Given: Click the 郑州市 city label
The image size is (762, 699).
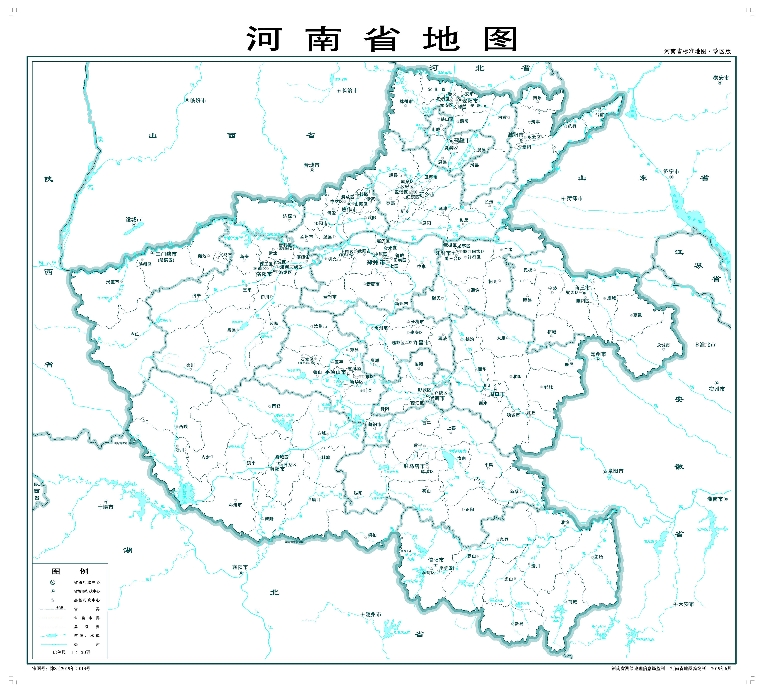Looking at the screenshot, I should [x=375, y=262].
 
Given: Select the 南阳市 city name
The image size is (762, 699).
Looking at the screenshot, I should [x=277, y=469].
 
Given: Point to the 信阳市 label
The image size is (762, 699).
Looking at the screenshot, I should [x=435, y=560].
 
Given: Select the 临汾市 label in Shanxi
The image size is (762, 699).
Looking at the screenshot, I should [x=198, y=100].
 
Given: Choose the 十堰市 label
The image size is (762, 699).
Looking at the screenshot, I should [x=105, y=507].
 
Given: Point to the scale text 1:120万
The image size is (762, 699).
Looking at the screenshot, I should [x=81, y=652].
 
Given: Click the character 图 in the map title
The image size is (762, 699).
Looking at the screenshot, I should [x=500, y=39].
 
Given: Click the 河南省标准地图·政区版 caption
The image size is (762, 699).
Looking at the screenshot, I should [x=697, y=51].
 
